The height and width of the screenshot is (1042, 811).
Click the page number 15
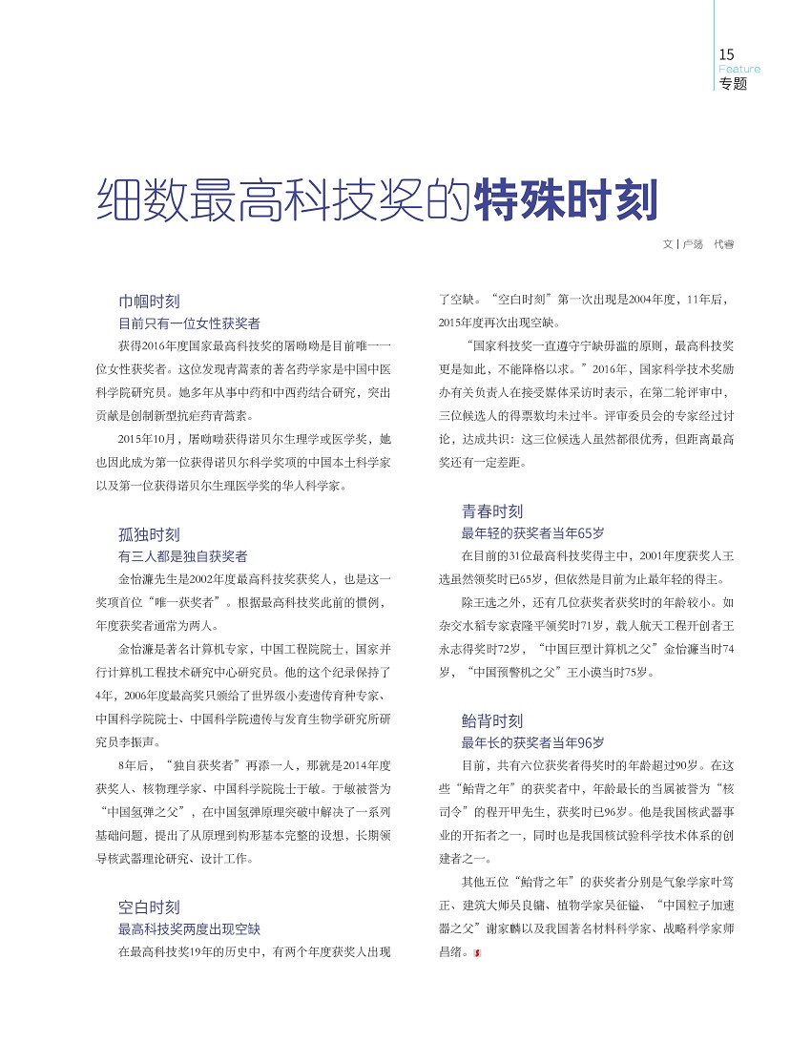[x=727, y=54]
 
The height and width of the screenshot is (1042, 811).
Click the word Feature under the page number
[x=739, y=69]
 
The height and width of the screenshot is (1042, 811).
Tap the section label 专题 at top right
[x=733, y=83]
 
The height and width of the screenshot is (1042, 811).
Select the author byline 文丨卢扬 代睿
[x=698, y=244]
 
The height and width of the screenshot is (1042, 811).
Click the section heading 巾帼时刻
[x=149, y=301]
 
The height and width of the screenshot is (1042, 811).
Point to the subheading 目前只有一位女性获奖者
[x=189, y=323]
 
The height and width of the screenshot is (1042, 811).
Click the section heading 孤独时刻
[x=149, y=534]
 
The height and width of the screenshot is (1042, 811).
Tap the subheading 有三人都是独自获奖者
[x=182, y=555]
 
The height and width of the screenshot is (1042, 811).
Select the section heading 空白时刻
[x=149, y=907]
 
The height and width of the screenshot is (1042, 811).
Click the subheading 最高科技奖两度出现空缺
[x=189, y=927]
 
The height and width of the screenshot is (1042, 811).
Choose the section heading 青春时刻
[x=492, y=511]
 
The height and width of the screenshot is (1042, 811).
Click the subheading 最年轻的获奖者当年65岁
[x=533, y=532]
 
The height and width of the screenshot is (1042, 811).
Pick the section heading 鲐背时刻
[x=492, y=721]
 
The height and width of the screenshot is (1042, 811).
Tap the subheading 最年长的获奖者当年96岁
[x=533, y=742]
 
